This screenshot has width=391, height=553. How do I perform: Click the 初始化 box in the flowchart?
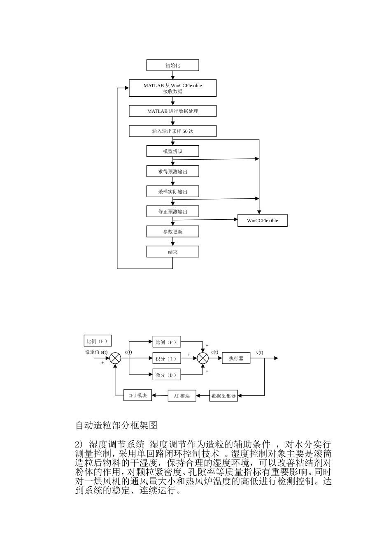pos(172,65)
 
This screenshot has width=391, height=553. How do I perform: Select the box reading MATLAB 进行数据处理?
pos(172,111)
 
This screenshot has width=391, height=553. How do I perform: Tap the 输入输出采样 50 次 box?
pos(172,131)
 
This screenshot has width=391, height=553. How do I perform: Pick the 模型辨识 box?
pos(172,151)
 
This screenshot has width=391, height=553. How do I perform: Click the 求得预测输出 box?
pos(172,172)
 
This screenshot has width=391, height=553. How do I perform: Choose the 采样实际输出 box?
pos(172,192)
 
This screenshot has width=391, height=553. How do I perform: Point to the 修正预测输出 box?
pos(172,211)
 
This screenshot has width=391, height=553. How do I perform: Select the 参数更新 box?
pos(172,232)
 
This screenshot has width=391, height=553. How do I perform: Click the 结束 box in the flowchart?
pos(172,252)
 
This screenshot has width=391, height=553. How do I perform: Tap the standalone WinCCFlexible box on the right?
pos(263,221)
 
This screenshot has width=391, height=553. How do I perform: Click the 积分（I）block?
pos(166,358)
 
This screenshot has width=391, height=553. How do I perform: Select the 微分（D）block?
pos(166,375)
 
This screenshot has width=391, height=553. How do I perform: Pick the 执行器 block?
pos(236,358)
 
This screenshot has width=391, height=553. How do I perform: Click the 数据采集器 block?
pos(223,396)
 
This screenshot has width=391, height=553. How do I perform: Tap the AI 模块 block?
pos(182,396)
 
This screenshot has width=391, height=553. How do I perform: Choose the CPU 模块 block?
pos(137,395)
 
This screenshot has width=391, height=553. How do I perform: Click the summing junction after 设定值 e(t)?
pos(115,358)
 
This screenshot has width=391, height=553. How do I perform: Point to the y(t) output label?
pos(260,352)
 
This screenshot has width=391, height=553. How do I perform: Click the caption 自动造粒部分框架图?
pos(116,425)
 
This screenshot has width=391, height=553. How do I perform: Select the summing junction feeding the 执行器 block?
pos(203,358)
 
